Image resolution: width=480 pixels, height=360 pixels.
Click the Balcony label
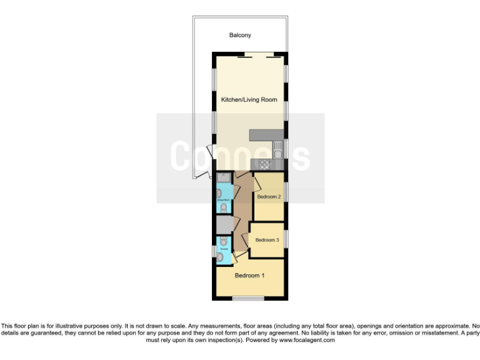coord(240,36)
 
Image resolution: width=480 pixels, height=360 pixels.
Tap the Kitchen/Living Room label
coord(249,99)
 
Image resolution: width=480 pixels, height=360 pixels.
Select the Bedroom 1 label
coord(249,275)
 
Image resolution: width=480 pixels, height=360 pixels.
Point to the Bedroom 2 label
coord(268,197)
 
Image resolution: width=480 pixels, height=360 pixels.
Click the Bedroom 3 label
coord(267,239)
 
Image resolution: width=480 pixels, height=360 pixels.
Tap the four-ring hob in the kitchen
coord(264,165)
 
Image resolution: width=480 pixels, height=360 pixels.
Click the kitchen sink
coord(278,150)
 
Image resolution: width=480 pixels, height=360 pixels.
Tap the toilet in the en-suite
coord(223,241)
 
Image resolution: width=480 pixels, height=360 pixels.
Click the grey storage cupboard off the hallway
coord(224,224)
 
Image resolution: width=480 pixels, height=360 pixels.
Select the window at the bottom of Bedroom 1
coord(248,297)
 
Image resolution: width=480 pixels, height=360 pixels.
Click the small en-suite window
coord(214,251)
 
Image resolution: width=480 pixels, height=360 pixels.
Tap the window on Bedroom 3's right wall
coord(286,239)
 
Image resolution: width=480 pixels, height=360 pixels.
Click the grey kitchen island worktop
coord(266,135)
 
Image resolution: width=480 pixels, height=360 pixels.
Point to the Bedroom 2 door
coord(256,184)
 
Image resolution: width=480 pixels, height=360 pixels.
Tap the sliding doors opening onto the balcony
coord(258,54)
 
